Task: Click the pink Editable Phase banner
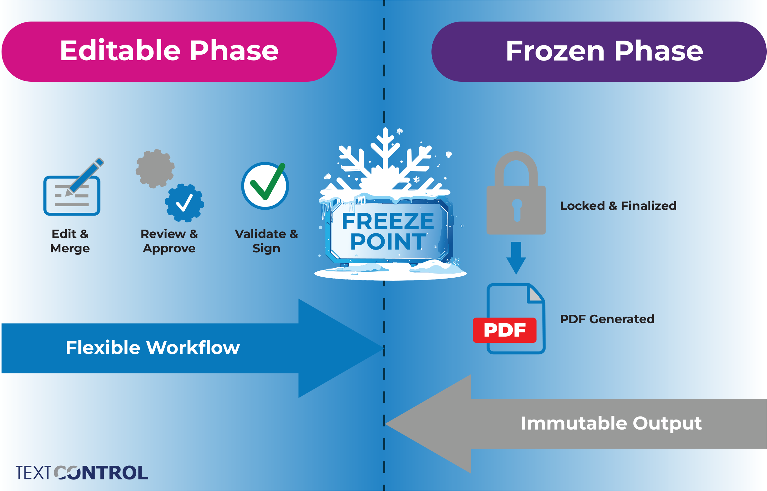[x=169, y=52]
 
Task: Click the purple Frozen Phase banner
[x=599, y=52]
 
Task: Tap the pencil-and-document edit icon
[x=73, y=187]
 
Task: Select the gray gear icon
[x=155, y=169]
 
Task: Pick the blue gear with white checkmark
[x=184, y=203]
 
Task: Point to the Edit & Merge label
[x=70, y=241]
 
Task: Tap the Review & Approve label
[x=169, y=241]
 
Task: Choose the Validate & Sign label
[x=266, y=241]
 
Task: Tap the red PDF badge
[x=505, y=330]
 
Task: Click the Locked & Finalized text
[x=619, y=206]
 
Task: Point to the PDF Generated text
[x=607, y=319]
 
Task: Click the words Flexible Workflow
[x=153, y=348]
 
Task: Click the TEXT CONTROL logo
[x=82, y=473]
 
